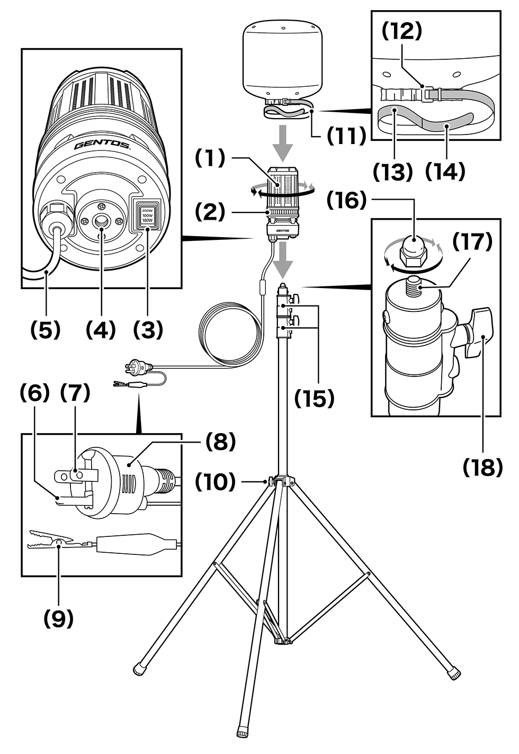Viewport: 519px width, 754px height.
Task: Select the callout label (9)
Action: coord(58,618)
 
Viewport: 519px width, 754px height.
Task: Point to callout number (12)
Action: coord(402,31)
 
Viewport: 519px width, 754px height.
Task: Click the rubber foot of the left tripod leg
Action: coord(140,669)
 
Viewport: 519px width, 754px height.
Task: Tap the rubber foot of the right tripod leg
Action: coord(454,674)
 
